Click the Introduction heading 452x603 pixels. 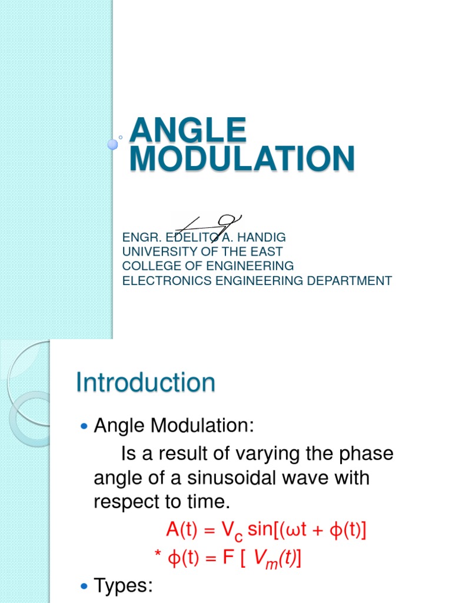point(146,383)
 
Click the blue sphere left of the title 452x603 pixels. point(112,144)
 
